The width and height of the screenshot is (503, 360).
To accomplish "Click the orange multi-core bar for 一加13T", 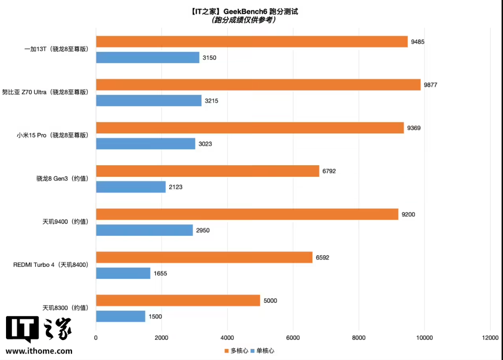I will click(x=252, y=42).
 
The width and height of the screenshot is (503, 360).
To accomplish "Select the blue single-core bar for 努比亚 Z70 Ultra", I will click(x=149, y=101).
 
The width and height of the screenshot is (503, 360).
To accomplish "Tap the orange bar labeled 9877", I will click(x=258, y=84).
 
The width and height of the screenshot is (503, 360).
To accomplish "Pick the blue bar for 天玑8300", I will click(x=121, y=316).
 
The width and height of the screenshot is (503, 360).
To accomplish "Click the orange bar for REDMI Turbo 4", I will click(x=204, y=258).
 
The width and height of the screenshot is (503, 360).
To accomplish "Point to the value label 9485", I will click(x=418, y=42).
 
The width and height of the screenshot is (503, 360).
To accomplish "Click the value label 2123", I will click(x=176, y=187).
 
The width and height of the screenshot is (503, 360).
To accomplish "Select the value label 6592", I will click(x=322, y=258).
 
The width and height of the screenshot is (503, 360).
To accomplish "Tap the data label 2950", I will click(x=203, y=230).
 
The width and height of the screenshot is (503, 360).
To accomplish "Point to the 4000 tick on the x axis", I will click(x=227, y=337).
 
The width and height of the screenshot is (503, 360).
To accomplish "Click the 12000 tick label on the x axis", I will click(x=491, y=337).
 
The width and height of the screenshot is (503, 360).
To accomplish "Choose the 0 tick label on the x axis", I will click(x=96, y=337).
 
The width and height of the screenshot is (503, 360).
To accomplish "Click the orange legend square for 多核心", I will click(x=226, y=351).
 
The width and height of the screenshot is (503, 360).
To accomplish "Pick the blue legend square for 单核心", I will click(x=253, y=351).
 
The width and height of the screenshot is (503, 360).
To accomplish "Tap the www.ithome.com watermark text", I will click(x=39, y=351).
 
